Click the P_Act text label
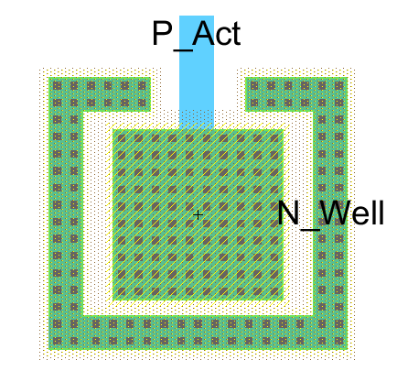(197, 34)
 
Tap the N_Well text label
(331, 213)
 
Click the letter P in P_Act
(162, 33)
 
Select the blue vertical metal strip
(197, 72)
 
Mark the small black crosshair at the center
(198, 215)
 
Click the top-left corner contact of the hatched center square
(122, 138)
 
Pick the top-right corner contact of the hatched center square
(274, 138)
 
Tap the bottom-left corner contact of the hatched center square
(122, 291)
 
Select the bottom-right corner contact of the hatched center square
(274, 291)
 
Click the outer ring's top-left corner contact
(57, 86)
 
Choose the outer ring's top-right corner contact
(338, 86)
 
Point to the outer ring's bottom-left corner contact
(57, 341)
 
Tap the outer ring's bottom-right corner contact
(338, 341)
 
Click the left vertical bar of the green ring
(66, 213)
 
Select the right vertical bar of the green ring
(330, 213)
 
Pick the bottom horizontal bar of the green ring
(198, 333)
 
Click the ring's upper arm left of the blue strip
(100, 94)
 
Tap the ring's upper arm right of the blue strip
(296, 94)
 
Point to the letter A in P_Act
(204, 33)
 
